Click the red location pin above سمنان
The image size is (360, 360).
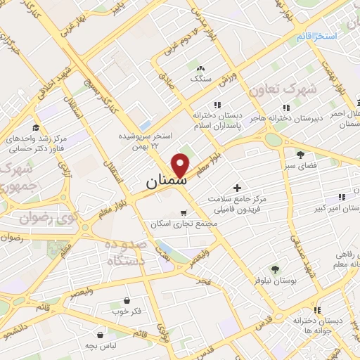(181, 164)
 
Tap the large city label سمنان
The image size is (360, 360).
(167, 181)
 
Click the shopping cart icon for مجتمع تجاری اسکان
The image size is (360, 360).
(184, 212)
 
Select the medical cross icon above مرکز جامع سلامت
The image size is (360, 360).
(237, 188)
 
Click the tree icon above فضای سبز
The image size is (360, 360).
(300, 155)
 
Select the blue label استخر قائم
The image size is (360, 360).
(316, 36)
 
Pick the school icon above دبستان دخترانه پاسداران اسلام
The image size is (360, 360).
(207, 105)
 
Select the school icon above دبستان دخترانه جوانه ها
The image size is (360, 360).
(317, 309)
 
